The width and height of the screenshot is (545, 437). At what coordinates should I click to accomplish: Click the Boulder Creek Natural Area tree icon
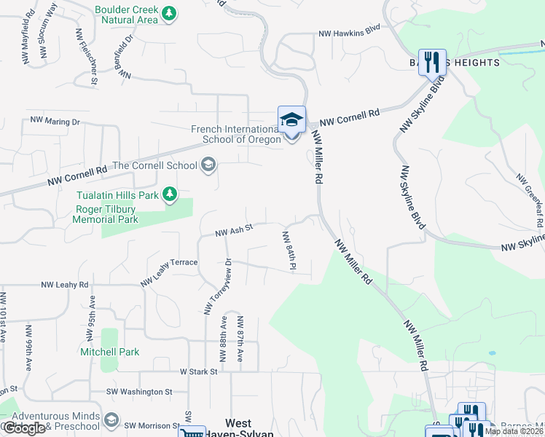[x=169, y=13]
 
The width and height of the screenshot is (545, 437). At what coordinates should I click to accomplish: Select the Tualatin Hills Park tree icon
[x=169, y=194]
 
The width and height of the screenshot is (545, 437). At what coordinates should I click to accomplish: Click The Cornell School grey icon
[x=208, y=165]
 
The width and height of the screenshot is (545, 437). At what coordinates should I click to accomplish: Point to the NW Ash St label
[x=233, y=231]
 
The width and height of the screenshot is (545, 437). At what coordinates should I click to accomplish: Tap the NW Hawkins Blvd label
[x=350, y=34]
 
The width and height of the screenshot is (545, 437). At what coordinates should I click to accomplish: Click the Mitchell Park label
[x=110, y=352]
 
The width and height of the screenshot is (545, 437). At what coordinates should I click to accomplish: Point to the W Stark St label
[x=199, y=371]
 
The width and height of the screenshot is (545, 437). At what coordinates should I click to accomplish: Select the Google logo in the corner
[x=23, y=428]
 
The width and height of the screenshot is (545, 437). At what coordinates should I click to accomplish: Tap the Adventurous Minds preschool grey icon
[x=111, y=420]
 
